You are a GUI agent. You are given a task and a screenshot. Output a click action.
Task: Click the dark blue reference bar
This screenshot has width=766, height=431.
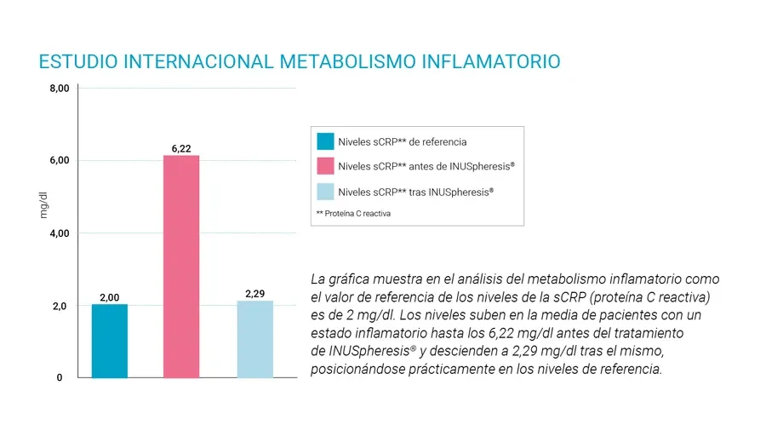coord(110,341)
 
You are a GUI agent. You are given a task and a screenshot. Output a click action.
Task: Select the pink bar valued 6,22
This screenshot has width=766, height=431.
coord(181,266)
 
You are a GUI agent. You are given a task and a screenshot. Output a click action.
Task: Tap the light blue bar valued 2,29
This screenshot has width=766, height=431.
coord(255,339)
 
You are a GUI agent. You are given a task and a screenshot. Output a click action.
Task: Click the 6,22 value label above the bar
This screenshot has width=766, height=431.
coord(181,148)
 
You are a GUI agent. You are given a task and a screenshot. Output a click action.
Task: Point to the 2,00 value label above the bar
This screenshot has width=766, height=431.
coord(109,297)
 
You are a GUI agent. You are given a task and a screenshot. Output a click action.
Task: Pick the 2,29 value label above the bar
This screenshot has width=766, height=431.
coord(255,294)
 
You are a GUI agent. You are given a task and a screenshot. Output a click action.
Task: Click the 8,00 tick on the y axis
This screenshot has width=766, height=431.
coord(58,88)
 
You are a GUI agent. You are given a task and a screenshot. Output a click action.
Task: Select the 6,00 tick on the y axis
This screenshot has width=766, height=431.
coord(58,160)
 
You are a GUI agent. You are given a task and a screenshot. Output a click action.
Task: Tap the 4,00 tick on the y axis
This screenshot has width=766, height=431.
coord(58,233)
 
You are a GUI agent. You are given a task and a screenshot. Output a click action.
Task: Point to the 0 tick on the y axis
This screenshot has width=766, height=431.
coord(60,377)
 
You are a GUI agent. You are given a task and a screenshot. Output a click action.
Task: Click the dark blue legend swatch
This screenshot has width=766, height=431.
coord(324,141)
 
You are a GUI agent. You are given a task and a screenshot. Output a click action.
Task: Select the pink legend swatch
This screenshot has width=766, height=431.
coord(324,166)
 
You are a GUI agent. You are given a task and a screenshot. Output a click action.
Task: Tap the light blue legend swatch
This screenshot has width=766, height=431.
coord(324,192)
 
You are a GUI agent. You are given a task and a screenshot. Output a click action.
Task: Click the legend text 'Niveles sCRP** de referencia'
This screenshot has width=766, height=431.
coord(402,142)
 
